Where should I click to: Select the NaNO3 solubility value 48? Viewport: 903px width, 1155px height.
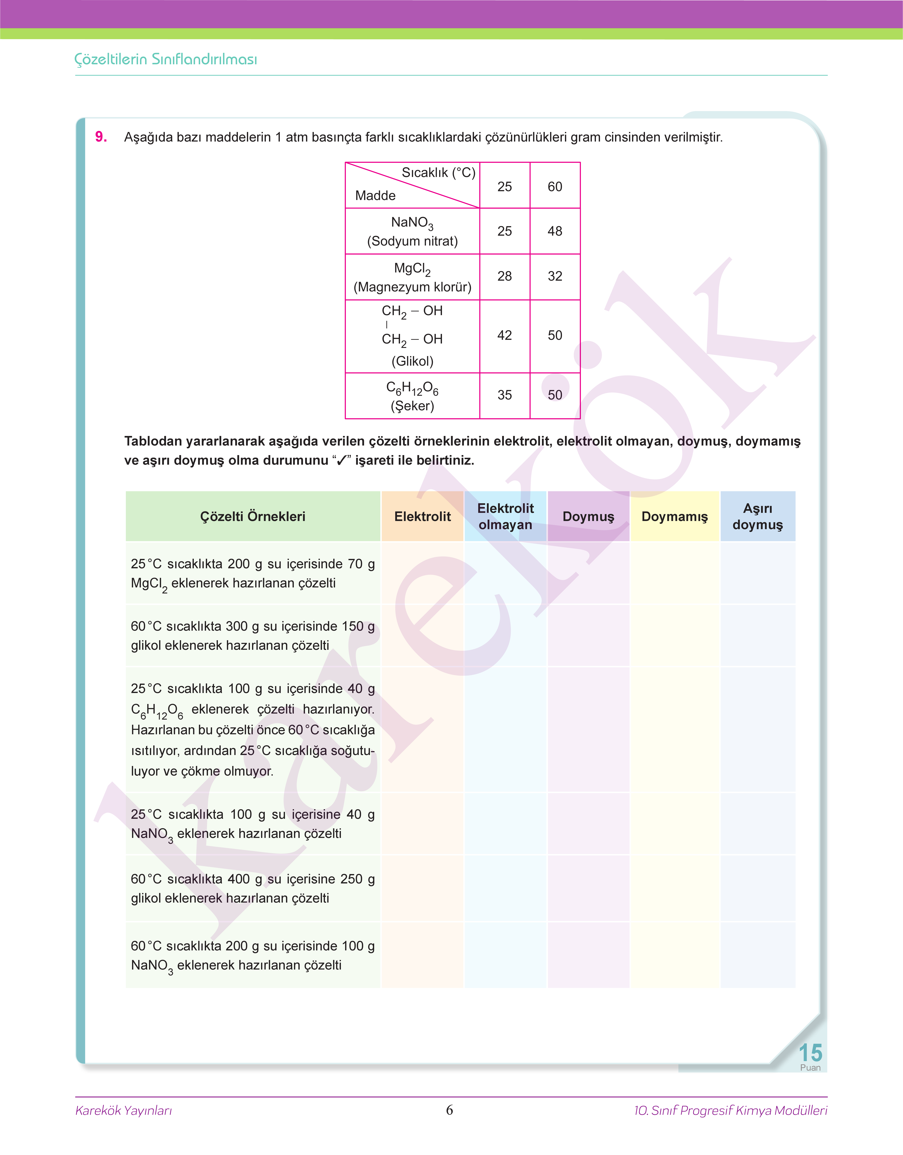[x=555, y=231]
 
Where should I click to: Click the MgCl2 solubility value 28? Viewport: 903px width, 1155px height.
[x=504, y=276]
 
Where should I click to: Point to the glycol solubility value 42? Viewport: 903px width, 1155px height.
[x=504, y=336]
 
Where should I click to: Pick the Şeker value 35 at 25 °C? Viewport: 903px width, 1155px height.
[x=504, y=395]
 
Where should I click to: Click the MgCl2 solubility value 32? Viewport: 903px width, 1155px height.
[x=555, y=276]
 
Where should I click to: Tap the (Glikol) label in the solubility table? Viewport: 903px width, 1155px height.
[x=412, y=361]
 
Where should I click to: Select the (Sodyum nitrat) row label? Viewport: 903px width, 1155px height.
[x=412, y=241]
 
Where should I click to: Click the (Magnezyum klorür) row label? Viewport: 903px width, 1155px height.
[x=412, y=287]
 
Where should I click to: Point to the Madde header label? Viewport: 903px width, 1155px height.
[x=375, y=196]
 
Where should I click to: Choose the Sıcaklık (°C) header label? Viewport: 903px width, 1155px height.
[x=438, y=173]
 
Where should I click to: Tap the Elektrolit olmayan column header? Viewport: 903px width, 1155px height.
[x=505, y=516]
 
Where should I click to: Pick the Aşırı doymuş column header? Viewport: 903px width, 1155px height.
[x=758, y=516]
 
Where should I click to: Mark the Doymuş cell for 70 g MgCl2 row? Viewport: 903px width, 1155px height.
[x=588, y=573]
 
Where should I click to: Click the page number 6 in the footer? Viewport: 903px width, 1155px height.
[x=449, y=1110]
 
